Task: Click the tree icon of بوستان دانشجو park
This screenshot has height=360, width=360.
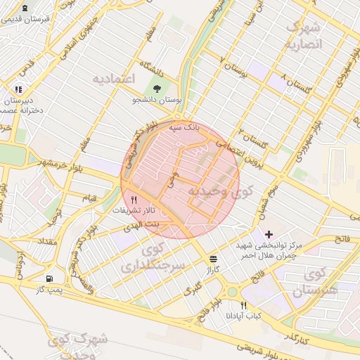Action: pyautogui.click(x=157, y=89)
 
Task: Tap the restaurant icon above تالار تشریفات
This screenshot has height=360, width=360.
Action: pyautogui.click(x=134, y=200)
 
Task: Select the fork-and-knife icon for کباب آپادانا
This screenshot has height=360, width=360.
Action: pyautogui.click(x=244, y=305)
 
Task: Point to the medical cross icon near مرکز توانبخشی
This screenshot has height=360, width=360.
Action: pyautogui.click(x=269, y=233)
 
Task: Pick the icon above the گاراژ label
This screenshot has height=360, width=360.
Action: pyautogui.click(x=213, y=258)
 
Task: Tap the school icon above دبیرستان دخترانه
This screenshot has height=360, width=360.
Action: pyautogui.click(x=18, y=89)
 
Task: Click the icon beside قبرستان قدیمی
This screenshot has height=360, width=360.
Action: pyautogui.click(x=25, y=8)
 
